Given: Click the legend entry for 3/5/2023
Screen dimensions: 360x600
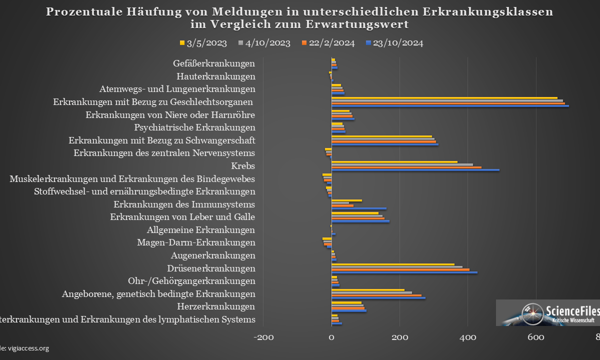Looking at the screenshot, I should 203,43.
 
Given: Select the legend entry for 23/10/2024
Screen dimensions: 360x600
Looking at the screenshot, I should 394,43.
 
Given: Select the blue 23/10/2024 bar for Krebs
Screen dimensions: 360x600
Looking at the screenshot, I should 415,170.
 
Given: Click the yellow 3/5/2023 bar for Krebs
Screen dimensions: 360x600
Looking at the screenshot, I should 394,161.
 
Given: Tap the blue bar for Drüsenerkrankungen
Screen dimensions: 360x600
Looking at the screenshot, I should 404,272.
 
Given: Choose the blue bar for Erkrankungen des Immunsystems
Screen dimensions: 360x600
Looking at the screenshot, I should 358,208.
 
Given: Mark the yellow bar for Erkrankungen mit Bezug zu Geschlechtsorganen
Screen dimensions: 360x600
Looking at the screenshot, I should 444,98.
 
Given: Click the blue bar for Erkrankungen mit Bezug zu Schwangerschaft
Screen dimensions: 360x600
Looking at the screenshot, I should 384,144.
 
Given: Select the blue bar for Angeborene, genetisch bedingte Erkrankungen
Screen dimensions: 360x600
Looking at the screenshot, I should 378,298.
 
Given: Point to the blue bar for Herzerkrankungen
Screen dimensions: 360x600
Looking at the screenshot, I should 348,311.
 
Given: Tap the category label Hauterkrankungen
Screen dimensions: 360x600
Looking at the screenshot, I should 216,76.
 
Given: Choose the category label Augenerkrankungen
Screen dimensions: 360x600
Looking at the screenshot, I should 220,255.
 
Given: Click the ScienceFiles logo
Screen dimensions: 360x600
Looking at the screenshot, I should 547,313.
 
